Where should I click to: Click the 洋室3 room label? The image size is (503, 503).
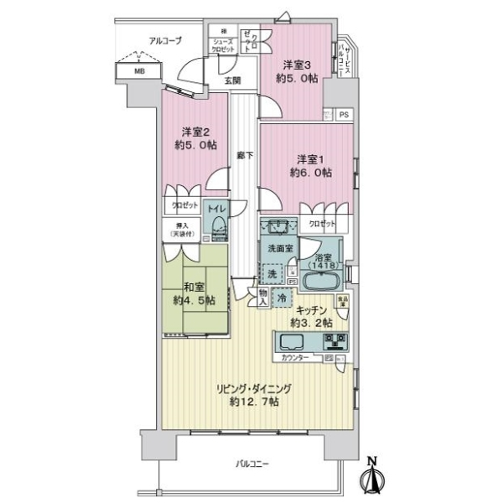(299, 71)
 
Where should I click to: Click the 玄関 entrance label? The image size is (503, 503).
(232, 80)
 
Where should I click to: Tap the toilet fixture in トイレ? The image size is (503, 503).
(217, 226)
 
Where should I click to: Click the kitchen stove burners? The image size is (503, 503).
(336, 342)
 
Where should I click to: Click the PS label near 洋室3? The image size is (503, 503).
(344, 116)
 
